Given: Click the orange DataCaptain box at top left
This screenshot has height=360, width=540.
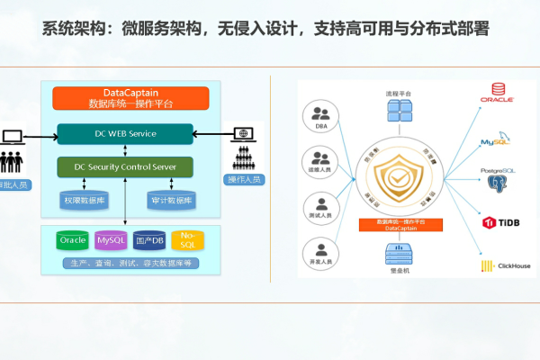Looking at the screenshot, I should click(130, 98).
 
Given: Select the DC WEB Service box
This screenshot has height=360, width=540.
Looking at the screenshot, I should click(125, 134).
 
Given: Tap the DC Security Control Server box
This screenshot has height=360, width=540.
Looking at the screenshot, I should click(125, 166).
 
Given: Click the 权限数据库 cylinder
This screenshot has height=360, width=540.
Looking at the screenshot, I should click(84, 200).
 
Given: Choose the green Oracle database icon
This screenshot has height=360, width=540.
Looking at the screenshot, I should click(72, 241).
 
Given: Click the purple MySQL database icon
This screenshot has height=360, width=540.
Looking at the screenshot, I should click(111, 241).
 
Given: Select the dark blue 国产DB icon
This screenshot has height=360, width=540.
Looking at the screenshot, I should click(149, 241).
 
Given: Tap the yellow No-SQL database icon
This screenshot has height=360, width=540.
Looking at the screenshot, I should click(186, 240).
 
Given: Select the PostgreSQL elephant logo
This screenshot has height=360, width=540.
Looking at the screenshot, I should click(497, 183).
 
